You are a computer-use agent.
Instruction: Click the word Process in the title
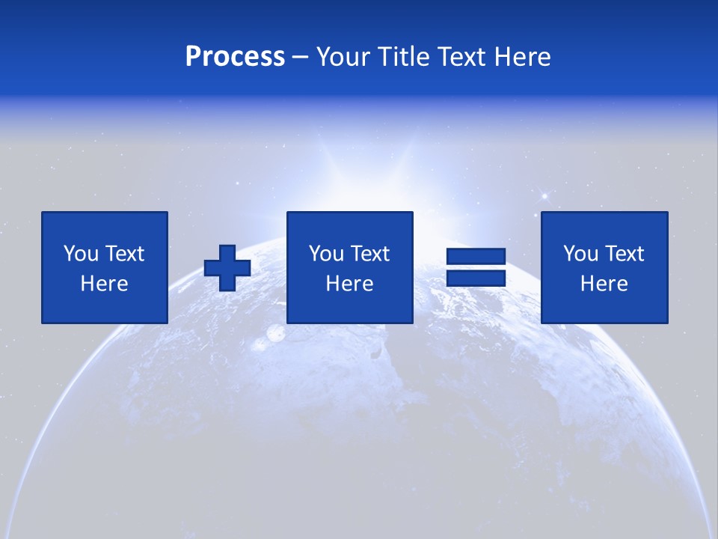[235, 57]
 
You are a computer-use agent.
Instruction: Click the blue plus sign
[227, 268]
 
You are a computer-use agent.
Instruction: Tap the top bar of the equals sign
[476, 257]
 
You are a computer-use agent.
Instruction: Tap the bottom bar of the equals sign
[476, 278]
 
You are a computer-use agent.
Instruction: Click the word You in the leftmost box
[81, 254]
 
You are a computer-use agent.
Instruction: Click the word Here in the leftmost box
[105, 284]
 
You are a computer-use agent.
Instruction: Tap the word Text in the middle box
[369, 254]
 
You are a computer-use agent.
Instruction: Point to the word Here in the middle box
[350, 284]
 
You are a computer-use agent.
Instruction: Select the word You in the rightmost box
[580, 254]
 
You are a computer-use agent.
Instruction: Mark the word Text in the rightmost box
[623, 254]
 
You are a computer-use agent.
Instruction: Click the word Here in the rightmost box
[604, 284]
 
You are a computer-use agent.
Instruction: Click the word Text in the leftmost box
[123, 254]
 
